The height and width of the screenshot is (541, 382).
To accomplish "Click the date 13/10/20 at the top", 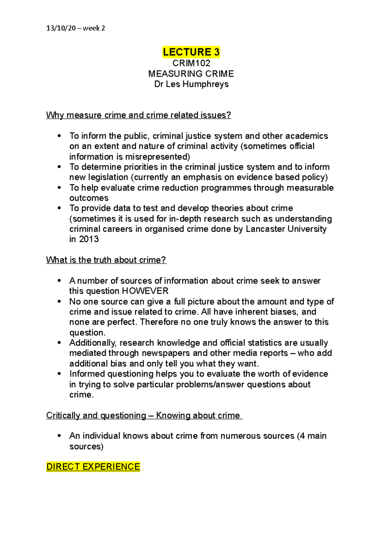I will tap(61, 28).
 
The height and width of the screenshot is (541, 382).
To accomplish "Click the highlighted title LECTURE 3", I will tap(191, 52).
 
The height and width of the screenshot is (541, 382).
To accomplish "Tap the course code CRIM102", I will tap(191, 63).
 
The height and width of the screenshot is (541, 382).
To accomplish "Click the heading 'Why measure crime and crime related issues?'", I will tap(138, 115).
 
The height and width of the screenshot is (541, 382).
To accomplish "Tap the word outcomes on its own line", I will tap(89, 198).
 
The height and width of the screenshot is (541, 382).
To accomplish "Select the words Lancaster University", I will tap(286, 229).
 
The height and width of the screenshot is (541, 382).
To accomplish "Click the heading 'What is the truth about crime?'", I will tap(106, 260).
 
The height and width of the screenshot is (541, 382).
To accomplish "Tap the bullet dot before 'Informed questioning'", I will tap(59, 374).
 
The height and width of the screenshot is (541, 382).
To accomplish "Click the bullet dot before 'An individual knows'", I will tap(59, 436).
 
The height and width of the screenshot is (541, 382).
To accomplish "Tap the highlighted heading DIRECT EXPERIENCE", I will tap(93, 467).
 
